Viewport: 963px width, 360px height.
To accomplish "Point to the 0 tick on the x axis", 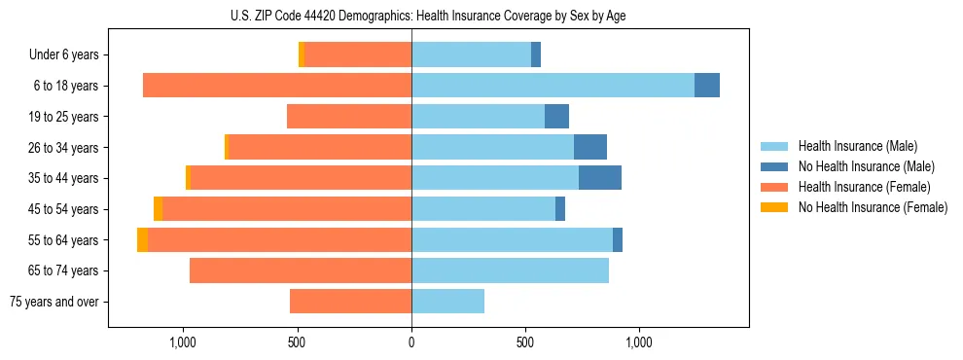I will pyautogui.click(x=411, y=343).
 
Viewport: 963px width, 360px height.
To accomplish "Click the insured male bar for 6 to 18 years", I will pyautogui.click(x=553, y=86).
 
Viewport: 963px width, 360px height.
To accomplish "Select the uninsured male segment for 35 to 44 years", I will pyautogui.click(x=600, y=178).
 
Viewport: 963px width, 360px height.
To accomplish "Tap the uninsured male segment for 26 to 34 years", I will pyautogui.click(x=590, y=147).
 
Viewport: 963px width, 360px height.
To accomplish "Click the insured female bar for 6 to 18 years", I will pyautogui.click(x=277, y=86).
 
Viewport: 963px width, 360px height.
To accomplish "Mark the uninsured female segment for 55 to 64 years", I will pyautogui.click(x=142, y=239).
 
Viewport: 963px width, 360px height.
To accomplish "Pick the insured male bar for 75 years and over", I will pyautogui.click(x=447, y=302).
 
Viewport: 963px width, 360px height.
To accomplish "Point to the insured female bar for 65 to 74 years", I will pyautogui.click(x=301, y=270).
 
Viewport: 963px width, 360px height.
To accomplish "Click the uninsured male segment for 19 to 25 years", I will pyautogui.click(x=556, y=117).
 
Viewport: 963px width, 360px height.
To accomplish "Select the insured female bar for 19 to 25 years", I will pyautogui.click(x=349, y=117).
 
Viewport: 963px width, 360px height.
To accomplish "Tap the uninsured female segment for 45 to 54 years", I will pyautogui.click(x=158, y=209).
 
